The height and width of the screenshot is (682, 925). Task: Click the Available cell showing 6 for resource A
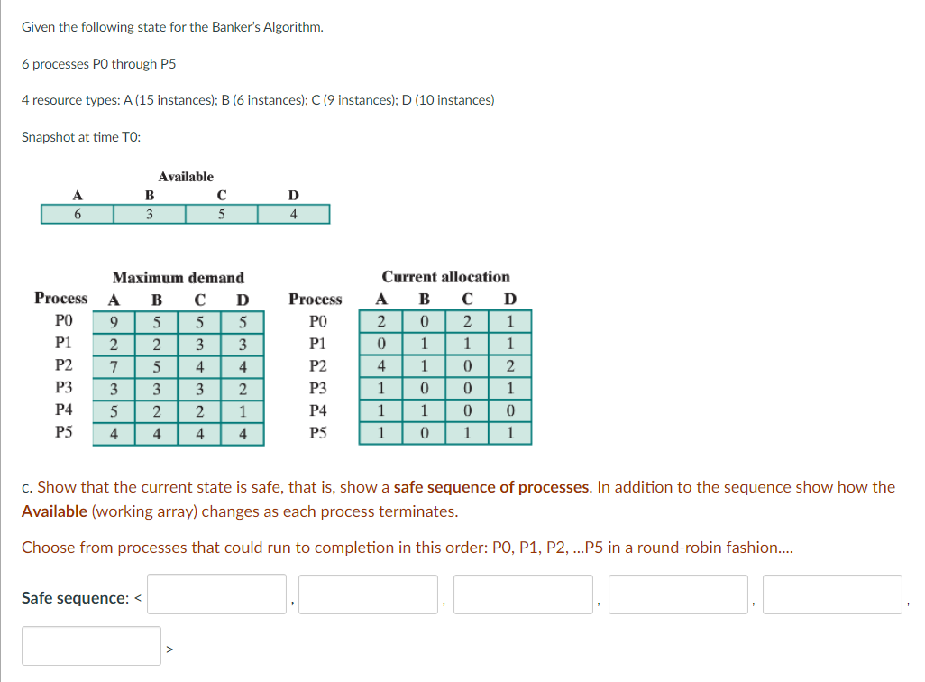(78, 214)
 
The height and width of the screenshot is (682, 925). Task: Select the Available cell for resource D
(294, 214)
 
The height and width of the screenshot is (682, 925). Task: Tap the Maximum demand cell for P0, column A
(114, 322)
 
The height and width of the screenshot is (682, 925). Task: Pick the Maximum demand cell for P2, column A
(114, 366)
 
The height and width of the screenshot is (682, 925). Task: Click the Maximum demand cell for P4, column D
(243, 411)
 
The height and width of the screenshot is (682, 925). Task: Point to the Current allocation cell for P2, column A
(381, 366)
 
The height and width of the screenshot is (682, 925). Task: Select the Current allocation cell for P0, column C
(467, 321)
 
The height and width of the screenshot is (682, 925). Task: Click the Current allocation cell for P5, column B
(424, 433)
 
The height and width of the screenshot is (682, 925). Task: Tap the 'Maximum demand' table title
(179, 278)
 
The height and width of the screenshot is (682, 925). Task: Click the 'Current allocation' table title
(446, 277)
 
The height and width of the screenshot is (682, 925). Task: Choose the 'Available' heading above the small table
(186, 177)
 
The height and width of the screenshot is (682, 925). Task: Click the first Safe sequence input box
(216, 594)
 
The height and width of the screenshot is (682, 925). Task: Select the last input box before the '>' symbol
(91, 646)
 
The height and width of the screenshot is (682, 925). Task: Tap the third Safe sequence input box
(523, 594)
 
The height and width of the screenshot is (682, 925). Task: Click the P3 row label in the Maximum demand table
(64, 387)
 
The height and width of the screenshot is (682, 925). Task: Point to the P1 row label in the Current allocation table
(318, 344)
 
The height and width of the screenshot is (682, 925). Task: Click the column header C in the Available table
(222, 195)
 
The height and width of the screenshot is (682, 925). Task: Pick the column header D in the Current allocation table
(510, 299)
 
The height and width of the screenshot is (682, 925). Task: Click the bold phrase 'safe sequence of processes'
(492, 487)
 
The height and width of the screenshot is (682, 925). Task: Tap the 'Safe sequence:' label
(76, 598)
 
